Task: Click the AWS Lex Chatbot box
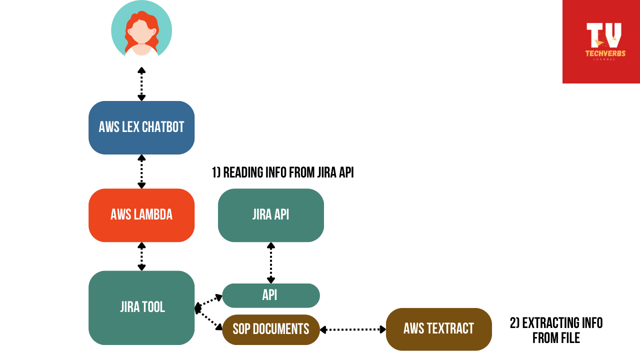(141, 127)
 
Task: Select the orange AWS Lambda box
(141, 215)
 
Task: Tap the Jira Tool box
(141, 307)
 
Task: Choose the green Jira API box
(270, 215)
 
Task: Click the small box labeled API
(270, 295)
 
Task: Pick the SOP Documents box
(270, 329)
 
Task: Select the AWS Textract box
(438, 329)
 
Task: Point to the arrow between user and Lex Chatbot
(141, 84)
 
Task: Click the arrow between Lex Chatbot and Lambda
(141, 171)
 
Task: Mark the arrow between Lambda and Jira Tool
(141, 256)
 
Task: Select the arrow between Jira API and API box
(270, 263)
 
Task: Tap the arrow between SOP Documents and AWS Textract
(352, 329)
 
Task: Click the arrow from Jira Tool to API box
(209, 301)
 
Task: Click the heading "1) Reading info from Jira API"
(283, 173)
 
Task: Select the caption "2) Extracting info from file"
(556, 330)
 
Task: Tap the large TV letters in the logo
(603, 35)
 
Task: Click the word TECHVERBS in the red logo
(605, 53)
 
